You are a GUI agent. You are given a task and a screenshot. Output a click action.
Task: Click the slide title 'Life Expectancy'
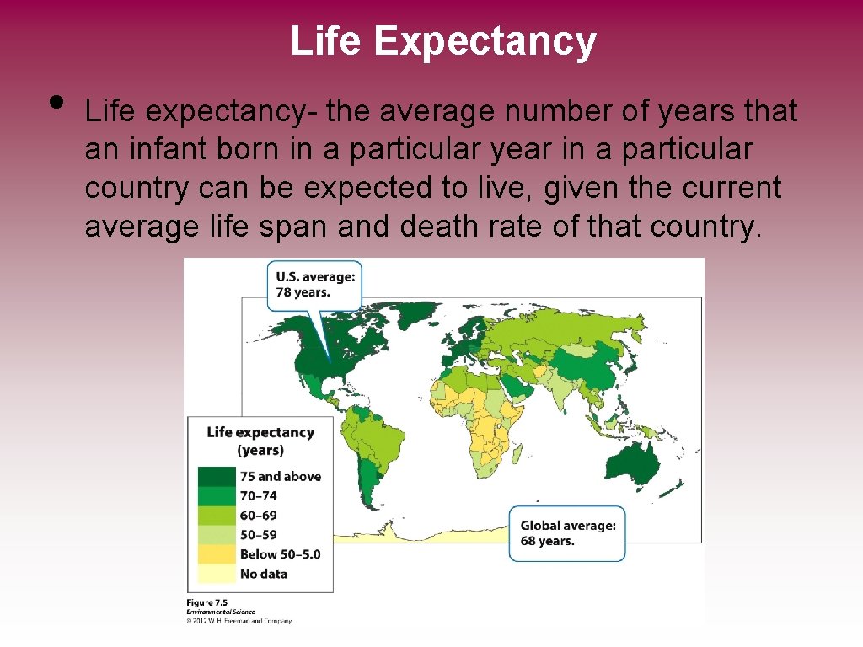pos(442,40)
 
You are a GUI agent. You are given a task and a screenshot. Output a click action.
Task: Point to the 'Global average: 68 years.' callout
pos(567,532)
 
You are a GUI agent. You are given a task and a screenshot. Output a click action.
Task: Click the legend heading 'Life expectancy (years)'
pos(260,441)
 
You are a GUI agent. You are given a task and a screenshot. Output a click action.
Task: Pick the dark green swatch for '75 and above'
pos(216,477)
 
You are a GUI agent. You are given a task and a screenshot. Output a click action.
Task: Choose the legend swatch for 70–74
pos(216,496)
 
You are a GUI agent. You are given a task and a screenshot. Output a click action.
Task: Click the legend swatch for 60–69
pos(216,516)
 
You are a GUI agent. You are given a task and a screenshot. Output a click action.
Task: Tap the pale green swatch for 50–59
pos(216,535)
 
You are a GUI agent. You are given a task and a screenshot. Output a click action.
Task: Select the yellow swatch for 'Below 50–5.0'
pos(216,554)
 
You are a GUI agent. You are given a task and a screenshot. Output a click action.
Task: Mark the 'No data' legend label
pos(263,574)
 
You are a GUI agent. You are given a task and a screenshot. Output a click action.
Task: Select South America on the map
pos(371,446)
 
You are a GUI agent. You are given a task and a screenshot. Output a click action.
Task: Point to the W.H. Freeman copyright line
pos(239,621)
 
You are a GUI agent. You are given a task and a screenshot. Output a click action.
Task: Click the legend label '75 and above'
pos(280,477)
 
